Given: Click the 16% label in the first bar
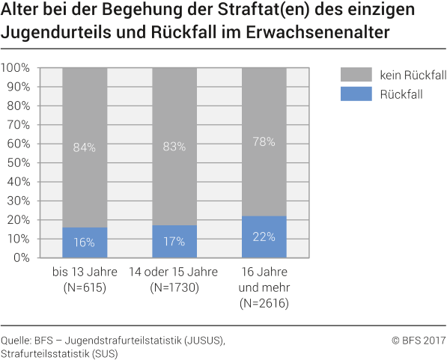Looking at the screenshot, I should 85,242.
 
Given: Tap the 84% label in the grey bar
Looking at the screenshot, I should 85,147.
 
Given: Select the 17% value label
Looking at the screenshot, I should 174,242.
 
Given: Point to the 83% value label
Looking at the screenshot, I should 174,147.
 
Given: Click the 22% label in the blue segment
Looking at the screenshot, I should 264,237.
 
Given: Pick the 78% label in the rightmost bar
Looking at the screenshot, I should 264,141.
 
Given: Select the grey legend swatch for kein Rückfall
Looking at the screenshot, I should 356,74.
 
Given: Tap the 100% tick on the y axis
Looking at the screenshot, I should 16,68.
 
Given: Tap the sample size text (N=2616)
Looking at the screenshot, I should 264,303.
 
